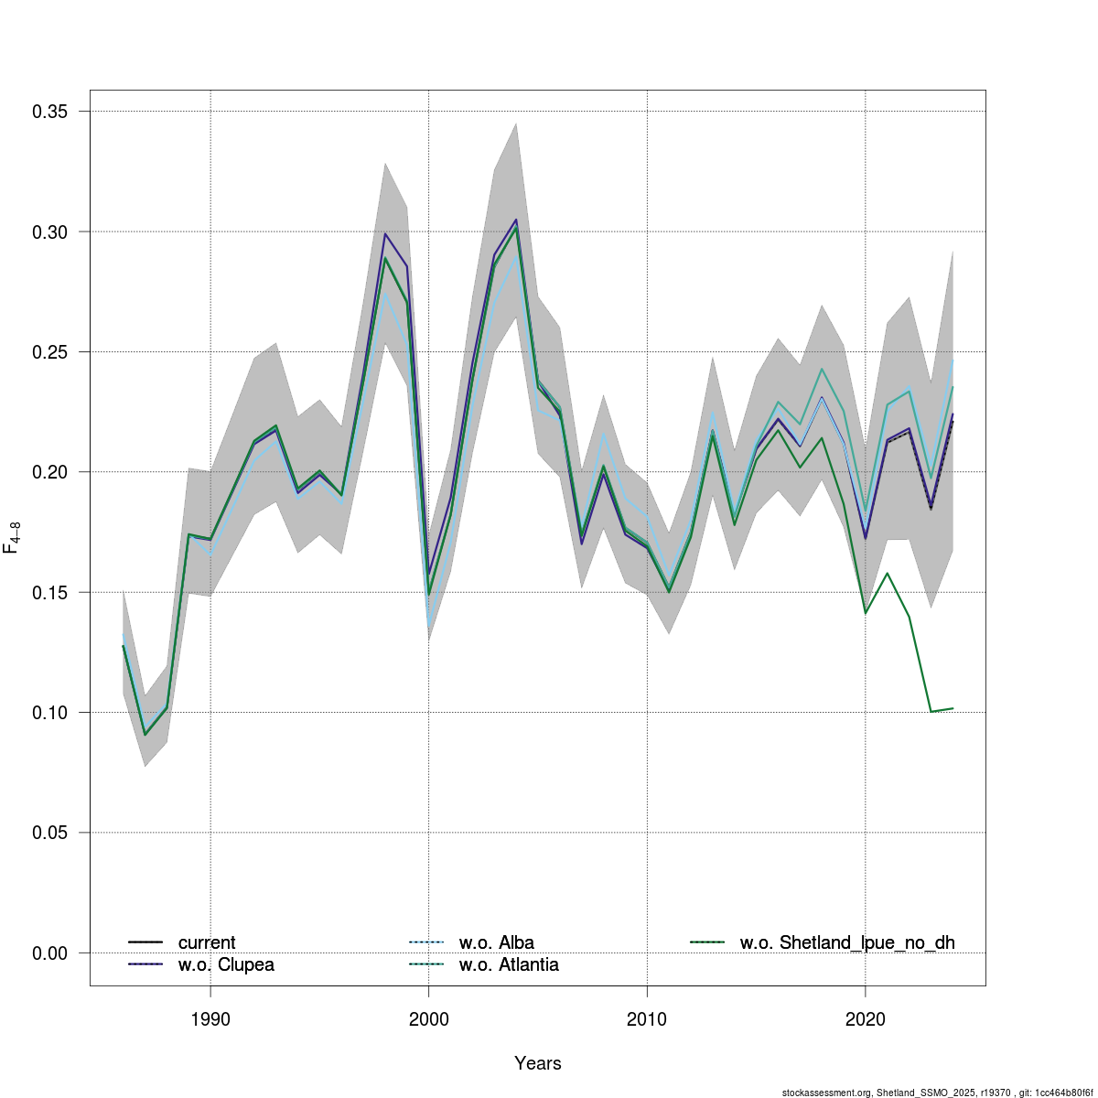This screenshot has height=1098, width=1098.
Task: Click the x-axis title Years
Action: click(538, 1063)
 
